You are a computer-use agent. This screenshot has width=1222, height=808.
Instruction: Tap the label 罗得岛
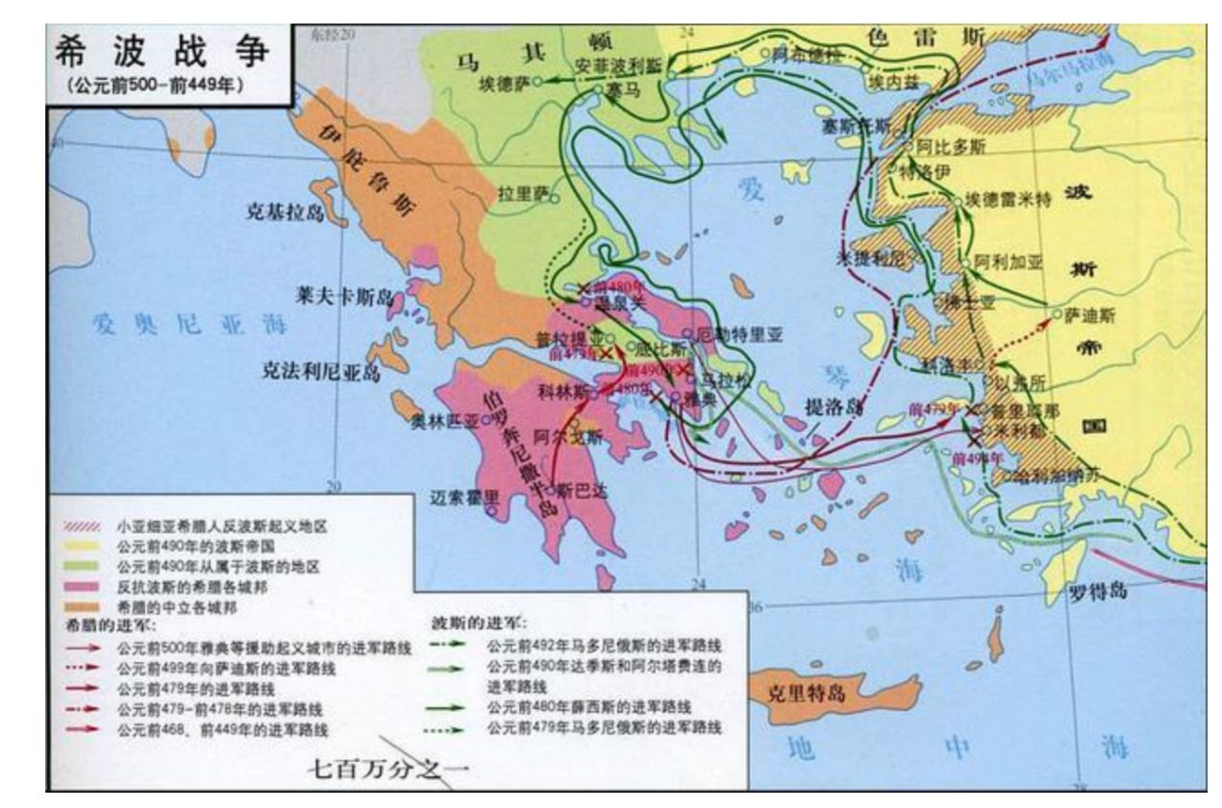click(1097, 590)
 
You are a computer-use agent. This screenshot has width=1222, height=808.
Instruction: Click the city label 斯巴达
click(582, 490)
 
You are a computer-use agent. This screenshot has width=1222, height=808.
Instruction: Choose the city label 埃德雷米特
click(1009, 199)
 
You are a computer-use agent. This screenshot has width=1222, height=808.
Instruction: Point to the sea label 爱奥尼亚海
click(183, 325)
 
